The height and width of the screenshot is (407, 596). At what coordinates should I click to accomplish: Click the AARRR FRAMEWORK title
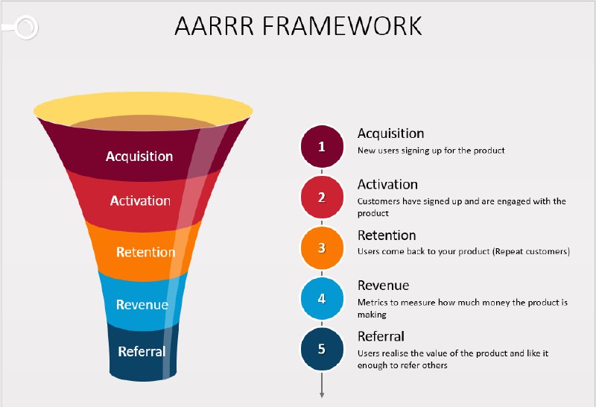[x=298, y=26]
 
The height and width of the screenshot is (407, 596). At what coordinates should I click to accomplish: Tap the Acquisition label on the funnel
[x=139, y=157]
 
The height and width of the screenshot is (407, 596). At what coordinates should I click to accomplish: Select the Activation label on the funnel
[x=140, y=201]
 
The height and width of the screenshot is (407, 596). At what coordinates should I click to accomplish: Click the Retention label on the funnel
[x=145, y=252]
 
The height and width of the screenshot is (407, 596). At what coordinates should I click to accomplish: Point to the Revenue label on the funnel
[x=142, y=304]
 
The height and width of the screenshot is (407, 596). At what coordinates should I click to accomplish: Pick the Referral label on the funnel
[x=142, y=351]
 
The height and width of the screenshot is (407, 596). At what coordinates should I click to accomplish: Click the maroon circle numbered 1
[x=322, y=146]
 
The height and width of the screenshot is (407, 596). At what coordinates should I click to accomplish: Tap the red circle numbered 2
[x=322, y=197]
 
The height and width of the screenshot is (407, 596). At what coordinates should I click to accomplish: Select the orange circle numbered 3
[x=322, y=247]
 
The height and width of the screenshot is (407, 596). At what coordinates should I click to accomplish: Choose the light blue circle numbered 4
[x=322, y=298]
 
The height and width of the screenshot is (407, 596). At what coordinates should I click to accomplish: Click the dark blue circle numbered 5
[x=322, y=349]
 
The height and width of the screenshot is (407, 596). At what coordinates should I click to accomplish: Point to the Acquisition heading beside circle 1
[x=390, y=133]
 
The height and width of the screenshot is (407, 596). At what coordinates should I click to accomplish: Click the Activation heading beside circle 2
[x=387, y=184]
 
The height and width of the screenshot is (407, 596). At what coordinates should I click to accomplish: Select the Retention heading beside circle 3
[x=387, y=236]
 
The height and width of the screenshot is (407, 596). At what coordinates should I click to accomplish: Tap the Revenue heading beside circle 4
[x=384, y=285]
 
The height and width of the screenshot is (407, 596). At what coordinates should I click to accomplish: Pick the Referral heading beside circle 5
[x=381, y=336]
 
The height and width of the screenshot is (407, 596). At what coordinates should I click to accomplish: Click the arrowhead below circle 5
[x=322, y=394]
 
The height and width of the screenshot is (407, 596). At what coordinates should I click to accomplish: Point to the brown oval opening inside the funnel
[x=143, y=123]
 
